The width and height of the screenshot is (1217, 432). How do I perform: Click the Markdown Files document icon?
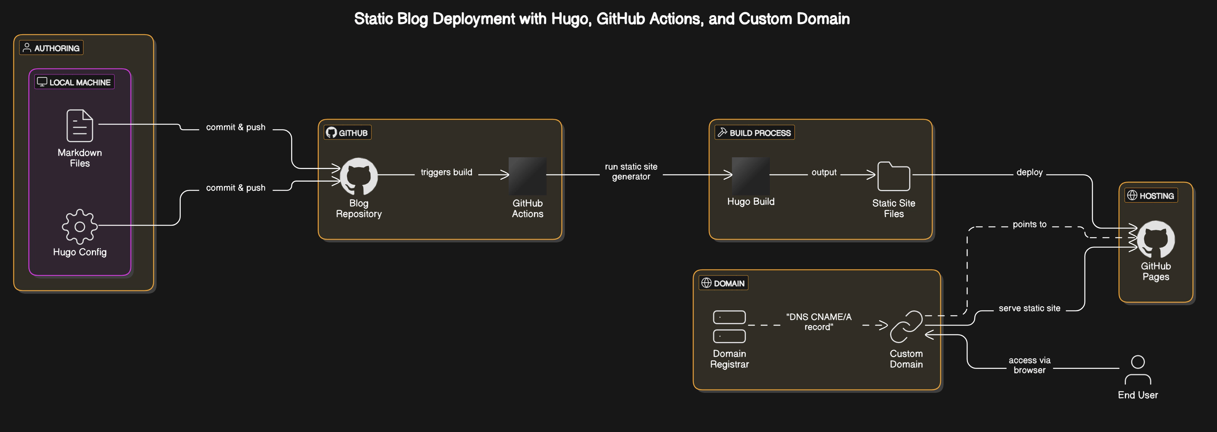[x=79, y=125]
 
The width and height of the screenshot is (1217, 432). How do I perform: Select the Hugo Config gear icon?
[x=79, y=226]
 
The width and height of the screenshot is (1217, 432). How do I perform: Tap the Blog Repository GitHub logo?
[x=359, y=176]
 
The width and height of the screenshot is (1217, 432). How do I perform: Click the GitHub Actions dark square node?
[x=527, y=176]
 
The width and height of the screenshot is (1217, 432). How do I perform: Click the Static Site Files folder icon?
[x=893, y=176]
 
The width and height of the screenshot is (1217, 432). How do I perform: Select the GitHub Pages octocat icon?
[x=1156, y=239]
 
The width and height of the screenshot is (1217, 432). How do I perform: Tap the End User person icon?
[x=1138, y=370]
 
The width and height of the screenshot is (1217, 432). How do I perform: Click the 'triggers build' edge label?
[x=446, y=172]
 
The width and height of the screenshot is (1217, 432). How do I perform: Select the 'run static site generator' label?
[x=631, y=172]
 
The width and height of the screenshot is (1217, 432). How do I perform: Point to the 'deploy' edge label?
[x=1029, y=172]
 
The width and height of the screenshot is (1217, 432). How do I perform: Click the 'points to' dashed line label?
[x=1029, y=224]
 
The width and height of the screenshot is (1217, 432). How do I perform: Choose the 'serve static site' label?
[x=1029, y=308]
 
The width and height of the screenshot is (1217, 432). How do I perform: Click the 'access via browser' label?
[x=1029, y=365]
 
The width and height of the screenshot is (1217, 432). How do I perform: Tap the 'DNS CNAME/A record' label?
[x=818, y=322]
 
